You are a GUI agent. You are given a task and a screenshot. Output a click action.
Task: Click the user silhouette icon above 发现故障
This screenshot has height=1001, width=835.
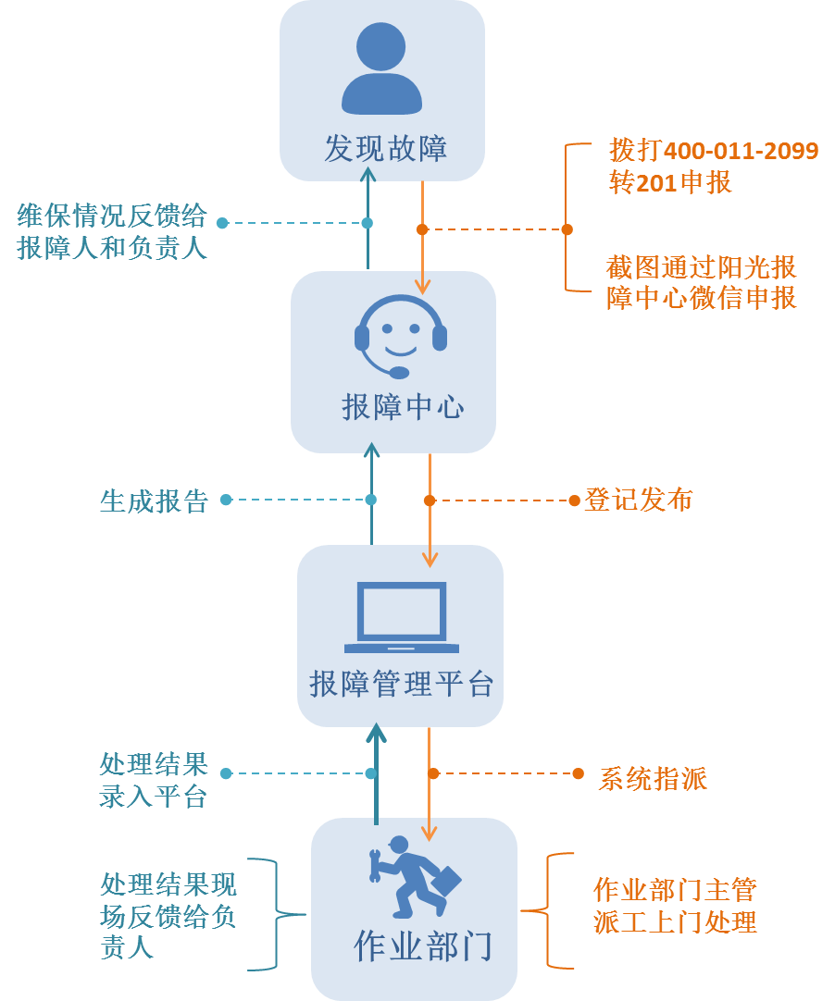[x=381, y=69]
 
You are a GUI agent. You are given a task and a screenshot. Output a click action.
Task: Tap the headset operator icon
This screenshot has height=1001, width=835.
[x=400, y=337]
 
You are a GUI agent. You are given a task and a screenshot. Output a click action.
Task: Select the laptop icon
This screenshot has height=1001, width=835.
[x=402, y=617]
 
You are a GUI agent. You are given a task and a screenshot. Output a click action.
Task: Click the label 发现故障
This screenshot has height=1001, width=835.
[x=385, y=149]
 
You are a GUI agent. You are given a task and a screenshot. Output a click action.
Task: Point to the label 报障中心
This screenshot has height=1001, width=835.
[x=403, y=406]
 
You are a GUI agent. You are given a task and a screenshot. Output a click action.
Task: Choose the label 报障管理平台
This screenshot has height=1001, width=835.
[x=402, y=685]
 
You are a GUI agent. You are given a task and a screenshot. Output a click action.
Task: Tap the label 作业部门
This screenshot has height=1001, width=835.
[x=423, y=946]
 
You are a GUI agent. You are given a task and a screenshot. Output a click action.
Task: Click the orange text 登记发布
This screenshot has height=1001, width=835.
[x=639, y=500]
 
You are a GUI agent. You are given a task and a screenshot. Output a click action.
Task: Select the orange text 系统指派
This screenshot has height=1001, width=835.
[x=653, y=779]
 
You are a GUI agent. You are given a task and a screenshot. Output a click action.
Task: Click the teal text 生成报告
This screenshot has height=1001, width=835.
[x=154, y=500]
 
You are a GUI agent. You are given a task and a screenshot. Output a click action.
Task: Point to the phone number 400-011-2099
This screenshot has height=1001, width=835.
[x=742, y=151]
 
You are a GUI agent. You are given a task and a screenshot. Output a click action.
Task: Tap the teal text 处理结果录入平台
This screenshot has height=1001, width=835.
[x=154, y=781]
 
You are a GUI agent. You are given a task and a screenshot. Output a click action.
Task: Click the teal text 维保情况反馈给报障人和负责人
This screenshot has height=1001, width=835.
[x=112, y=231]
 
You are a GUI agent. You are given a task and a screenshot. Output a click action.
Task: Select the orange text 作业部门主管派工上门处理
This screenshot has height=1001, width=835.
[x=676, y=907]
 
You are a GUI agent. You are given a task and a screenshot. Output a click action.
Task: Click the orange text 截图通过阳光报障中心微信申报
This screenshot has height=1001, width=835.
[x=702, y=283]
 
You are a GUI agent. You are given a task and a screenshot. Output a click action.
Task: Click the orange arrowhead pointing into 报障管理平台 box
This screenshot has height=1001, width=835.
[x=430, y=559]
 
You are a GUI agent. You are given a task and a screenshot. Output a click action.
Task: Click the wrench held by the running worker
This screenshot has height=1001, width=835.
[x=375, y=865]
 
